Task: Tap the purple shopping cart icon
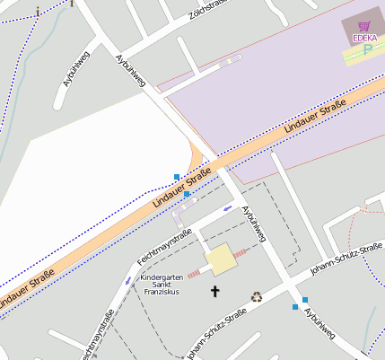(x=364, y=27)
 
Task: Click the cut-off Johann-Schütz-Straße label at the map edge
(x=215, y=337)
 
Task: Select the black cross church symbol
(x=214, y=291)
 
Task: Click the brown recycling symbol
(x=256, y=295)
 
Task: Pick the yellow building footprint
(x=221, y=260)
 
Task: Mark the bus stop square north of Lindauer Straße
(x=177, y=175)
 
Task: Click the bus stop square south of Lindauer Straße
(x=187, y=194)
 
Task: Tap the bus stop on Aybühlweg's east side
(x=306, y=299)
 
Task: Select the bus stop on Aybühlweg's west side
(x=294, y=307)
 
